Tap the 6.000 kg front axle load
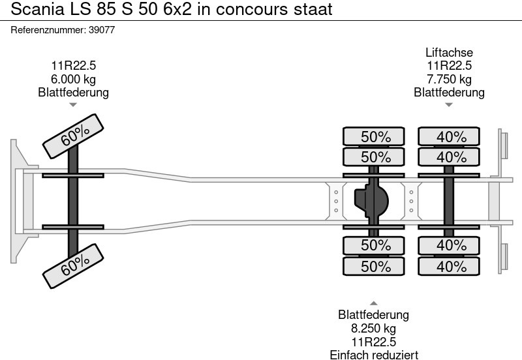73,79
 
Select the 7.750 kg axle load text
449,79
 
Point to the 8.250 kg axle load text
373,329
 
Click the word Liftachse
449,53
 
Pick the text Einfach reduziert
373,354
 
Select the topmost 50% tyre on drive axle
375,137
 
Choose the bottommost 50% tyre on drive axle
375,267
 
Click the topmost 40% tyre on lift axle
450,137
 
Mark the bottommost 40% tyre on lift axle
450,267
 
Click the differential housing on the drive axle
369,201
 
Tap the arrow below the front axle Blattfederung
73,104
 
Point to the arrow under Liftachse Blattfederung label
449,104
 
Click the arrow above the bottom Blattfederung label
373,303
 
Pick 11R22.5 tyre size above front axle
73,66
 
